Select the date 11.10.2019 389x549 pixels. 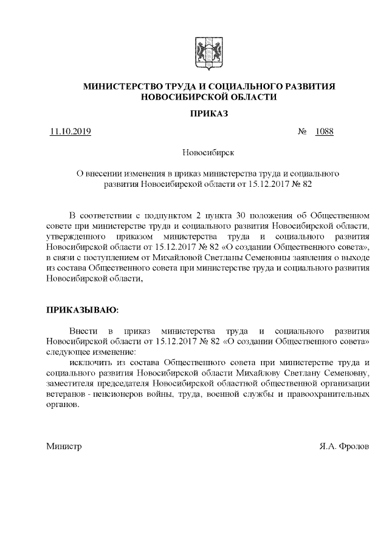tap(71, 132)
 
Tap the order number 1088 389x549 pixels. tap(325, 132)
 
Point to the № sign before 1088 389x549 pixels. tap(301, 132)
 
